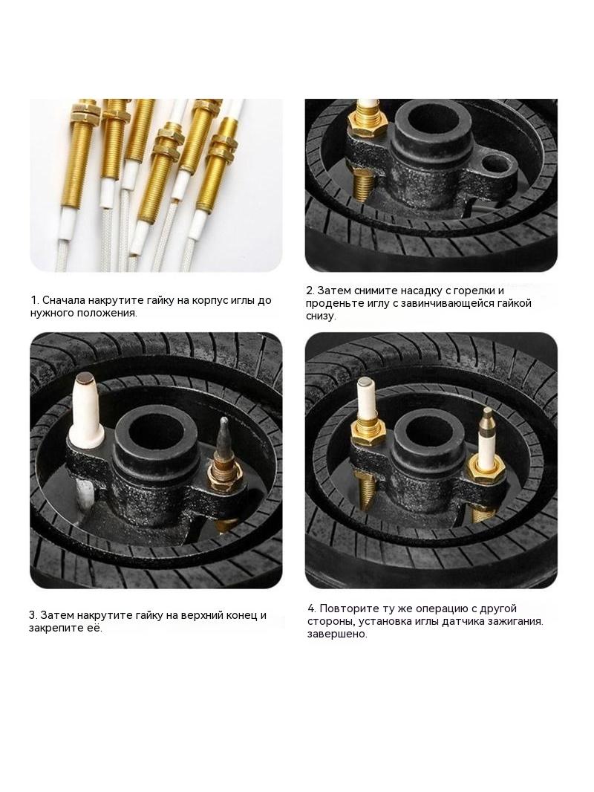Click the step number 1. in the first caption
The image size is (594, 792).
click(x=34, y=300)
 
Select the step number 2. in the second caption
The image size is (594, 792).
click(x=310, y=291)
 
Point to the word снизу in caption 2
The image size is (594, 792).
click(x=321, y=317)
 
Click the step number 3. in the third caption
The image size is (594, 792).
click(x=33, y=616)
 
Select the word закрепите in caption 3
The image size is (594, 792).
click(x=55, y=629)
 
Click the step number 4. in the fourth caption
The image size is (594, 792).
click(x=312, y=608)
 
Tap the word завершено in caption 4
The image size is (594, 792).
click(x=337, y=634)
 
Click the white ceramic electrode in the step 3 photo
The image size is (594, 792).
click(x=87, y=409)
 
